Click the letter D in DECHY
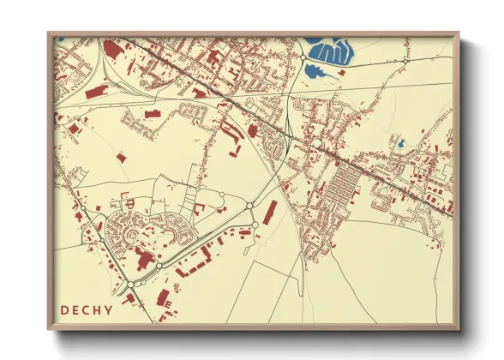pyautogui.click(x=65, y=309)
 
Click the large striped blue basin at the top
pyautogui.click(x=331, y=53)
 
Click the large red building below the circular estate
pyautogui.click(x=142, y=260)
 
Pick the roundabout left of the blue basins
pyautogui.click(x=303, y=58)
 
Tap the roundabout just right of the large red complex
pyautogui.click(x=159, y=266)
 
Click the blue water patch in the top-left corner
pyautogui.click(x=59, y=39)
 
